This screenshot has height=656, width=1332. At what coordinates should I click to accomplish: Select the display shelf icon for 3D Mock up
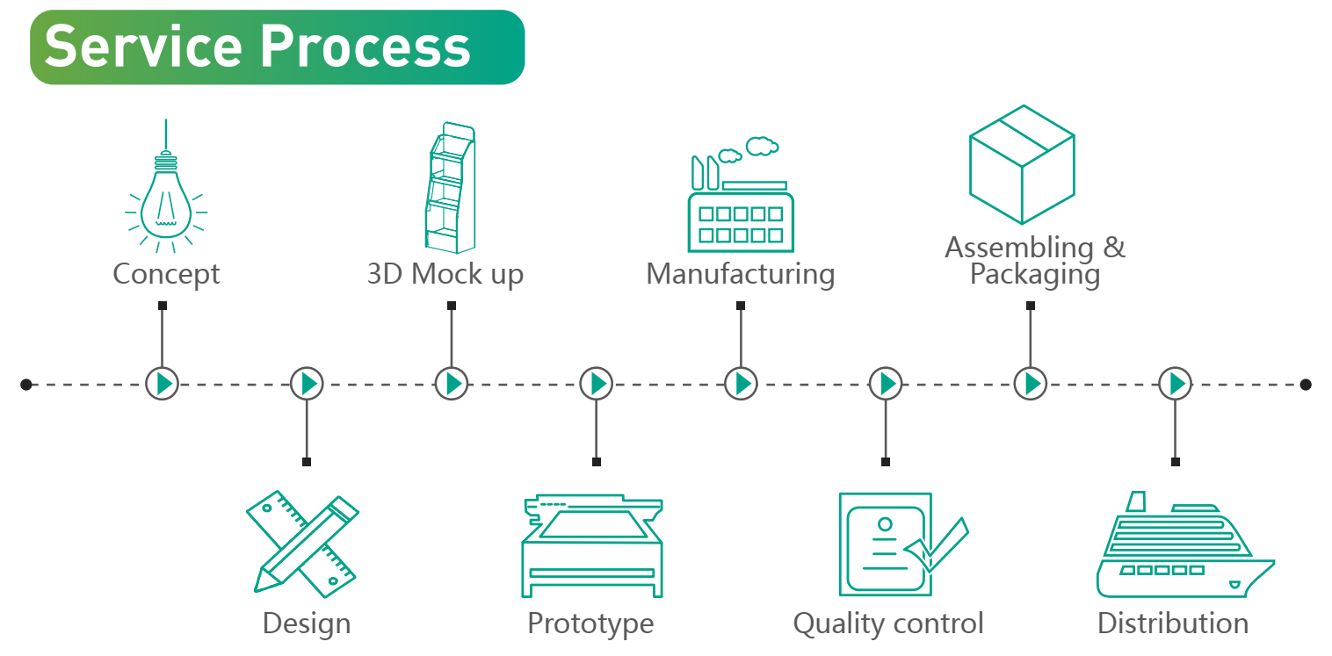[x=451, y=187]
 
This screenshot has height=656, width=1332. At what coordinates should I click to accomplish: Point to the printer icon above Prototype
[x=591, y=546]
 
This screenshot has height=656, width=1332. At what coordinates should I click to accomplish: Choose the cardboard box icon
[x=1022, y=164]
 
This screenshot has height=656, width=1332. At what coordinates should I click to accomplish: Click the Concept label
[x=165, y=274]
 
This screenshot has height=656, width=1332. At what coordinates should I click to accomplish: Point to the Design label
[x=306, y=624]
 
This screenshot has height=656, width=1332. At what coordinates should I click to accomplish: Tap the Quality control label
[x=887, y=624]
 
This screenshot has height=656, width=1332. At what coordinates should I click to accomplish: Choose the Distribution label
[x=1172, y=624]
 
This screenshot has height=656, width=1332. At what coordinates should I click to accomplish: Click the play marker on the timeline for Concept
[x=162, y=384]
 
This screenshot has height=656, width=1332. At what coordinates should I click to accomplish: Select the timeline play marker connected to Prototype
[x=597, y=384]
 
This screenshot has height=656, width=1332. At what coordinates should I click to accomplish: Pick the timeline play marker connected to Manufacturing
[x=741, y=384]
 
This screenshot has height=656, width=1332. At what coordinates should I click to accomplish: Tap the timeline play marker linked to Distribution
[x=1175, y=384]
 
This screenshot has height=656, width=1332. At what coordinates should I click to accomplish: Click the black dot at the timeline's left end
[x=26, y=384]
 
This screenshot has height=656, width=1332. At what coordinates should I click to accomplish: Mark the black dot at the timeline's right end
[x=1306, y=384]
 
